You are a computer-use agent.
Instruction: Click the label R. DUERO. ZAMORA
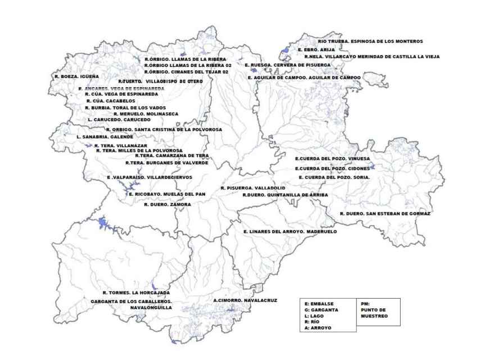click(167, 205)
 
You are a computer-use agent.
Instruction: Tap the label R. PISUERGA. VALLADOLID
click(253, 187)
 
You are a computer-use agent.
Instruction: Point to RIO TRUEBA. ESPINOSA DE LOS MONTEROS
click(370, 41)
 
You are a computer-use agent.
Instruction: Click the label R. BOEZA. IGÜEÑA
click(76, 76)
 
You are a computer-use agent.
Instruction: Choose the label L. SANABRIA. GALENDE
click(105, 137)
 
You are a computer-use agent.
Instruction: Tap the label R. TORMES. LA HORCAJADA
click(133, 293)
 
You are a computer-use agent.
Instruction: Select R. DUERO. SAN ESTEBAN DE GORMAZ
click(385, 214)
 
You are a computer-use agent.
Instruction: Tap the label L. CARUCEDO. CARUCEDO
click(119, 120)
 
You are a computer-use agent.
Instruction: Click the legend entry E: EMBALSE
click(319, 304)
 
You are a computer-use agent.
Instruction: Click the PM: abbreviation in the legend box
click(366, 304)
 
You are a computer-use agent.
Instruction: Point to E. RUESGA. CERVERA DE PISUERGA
click(288, 65)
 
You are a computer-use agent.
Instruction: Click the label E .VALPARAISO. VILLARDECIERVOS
click(150, 177)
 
